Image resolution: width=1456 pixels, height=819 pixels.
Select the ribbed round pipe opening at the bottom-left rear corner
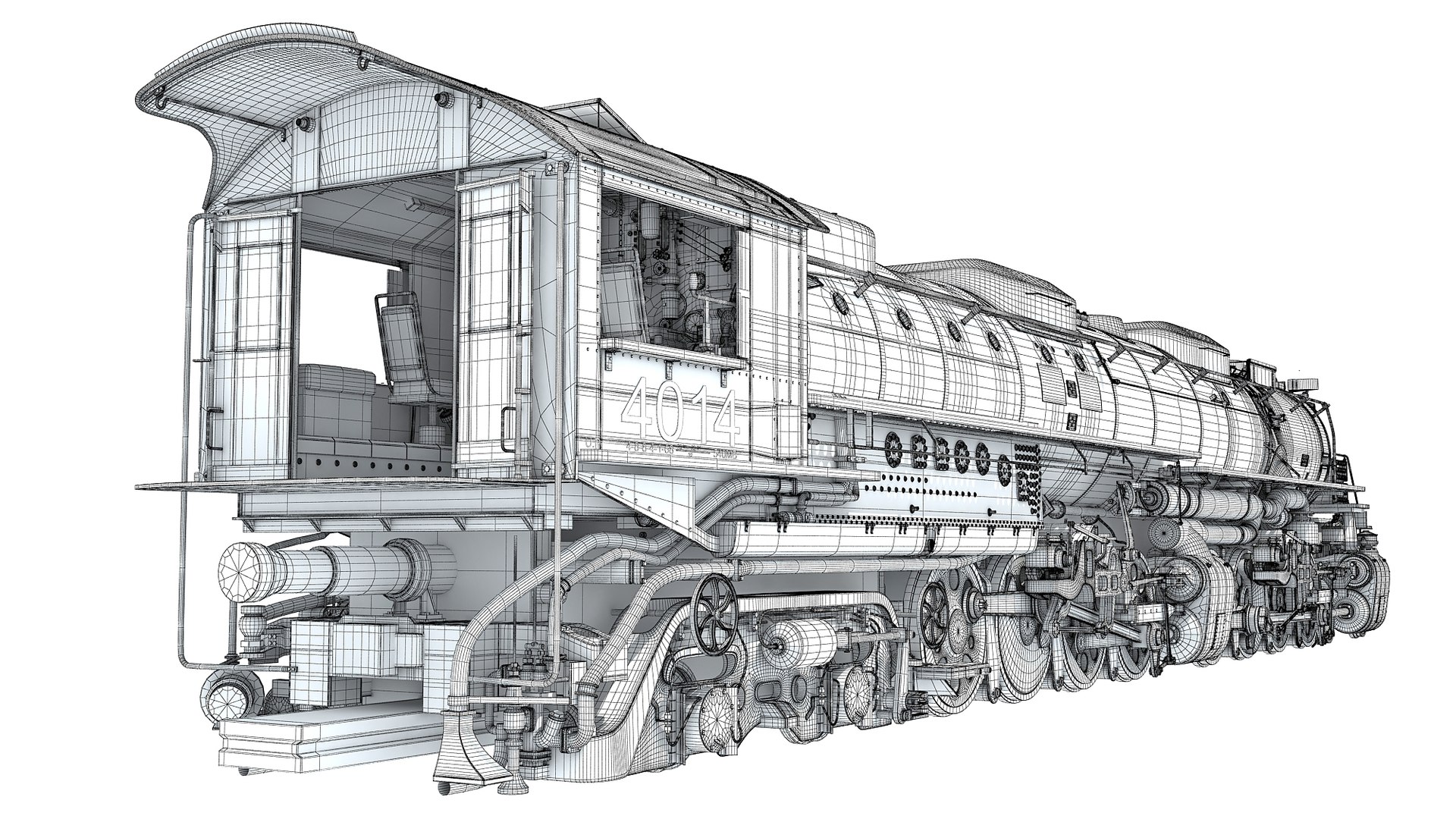(x=224, y=698)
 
